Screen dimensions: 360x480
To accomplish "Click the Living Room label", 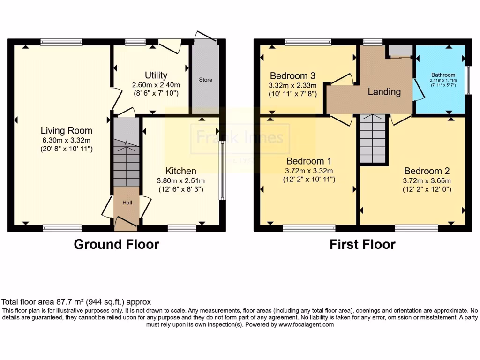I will tap(66, 131).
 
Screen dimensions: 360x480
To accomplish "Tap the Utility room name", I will tap(156, 75).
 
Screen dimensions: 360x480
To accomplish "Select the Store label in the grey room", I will tap(205, 80).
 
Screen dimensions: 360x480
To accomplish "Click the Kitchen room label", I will tap(180, 171).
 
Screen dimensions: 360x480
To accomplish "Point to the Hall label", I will tap(127, 203).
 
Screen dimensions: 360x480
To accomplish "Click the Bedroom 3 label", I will tap(292, 76).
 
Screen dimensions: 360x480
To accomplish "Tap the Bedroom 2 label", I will tap(423, 172).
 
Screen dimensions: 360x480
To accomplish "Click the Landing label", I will tap(384, 92).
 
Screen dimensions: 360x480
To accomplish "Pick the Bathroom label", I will tap(443, 75).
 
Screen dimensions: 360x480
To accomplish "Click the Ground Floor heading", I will tap(116, 244).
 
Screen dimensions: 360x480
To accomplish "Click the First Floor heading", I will tap(362, 244).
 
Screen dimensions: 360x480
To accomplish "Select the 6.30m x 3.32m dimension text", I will tap(66, 140).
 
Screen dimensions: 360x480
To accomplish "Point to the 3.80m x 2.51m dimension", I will tap(180, 180).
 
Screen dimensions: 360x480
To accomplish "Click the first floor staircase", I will tap(373, 138).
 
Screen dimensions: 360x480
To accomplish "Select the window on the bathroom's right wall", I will tap(467, 81).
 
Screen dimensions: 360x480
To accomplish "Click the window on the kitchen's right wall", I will tap(222, 171).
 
